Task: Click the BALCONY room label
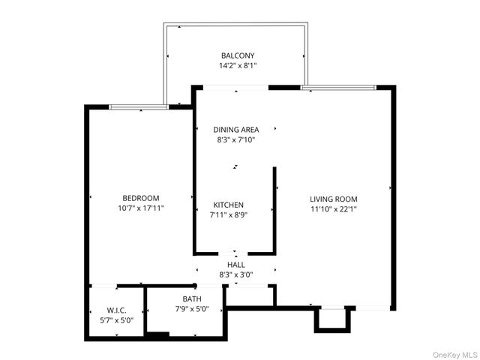click(237, 55)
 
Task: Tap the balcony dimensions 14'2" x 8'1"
click(237, 65)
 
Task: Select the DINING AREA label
click(236, 130)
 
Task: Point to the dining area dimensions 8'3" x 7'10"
click(236, 139)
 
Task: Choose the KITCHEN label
click(229, 205)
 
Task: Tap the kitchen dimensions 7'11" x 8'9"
click(229, 214)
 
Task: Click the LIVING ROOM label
click(333, 199)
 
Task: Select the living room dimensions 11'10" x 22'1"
click(333, 209)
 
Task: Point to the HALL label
click(235, 265)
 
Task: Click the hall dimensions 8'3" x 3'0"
click(235, 274)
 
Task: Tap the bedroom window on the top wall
click(139, 107)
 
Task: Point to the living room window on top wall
click(338, 88)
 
